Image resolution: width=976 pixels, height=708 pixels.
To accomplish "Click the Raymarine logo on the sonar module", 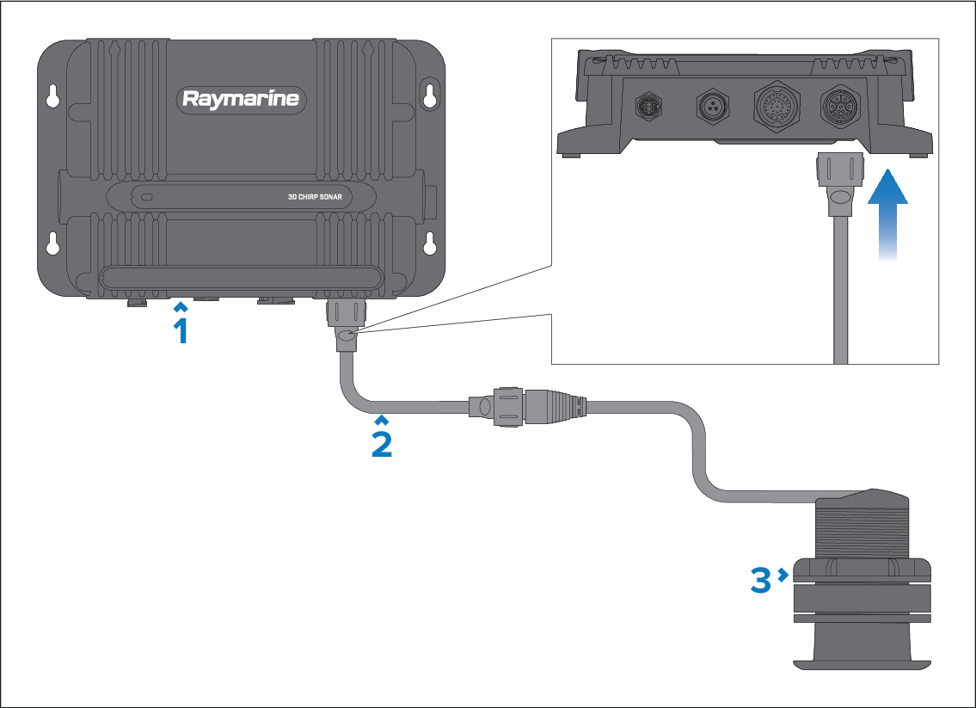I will coord(241,99).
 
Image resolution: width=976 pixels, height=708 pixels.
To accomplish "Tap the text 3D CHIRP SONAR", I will coord(314,197).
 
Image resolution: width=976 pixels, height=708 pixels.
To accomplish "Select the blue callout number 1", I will coord(181,329).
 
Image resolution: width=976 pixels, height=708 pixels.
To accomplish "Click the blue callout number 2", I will coord(382,442).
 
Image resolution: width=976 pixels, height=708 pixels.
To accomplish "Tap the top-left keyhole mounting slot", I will coord(53,95).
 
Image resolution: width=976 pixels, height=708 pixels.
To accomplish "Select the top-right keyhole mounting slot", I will coord(430,95).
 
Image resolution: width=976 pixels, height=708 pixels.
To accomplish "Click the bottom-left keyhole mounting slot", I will coord(53,243).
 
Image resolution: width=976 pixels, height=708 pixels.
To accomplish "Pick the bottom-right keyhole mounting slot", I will coord(430,243).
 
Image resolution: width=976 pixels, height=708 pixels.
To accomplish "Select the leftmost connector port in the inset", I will coord(648,107).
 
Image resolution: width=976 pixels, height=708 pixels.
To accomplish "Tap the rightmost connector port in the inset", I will coord(839,108).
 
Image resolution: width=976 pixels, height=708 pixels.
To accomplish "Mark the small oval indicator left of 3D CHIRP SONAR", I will coord(147,197).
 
